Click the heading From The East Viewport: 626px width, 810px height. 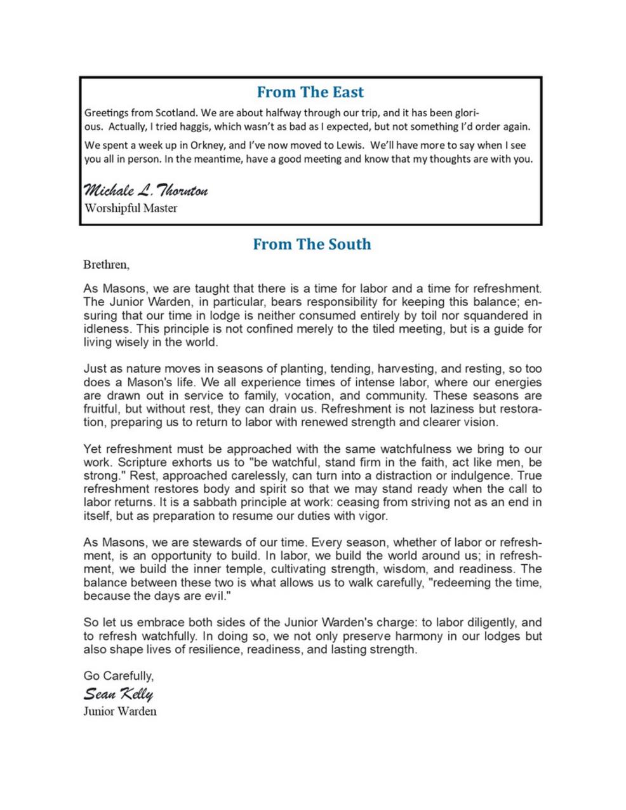pyautogui.click(x=310, y=92)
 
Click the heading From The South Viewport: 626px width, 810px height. pyautogui.click(x=312, y=245)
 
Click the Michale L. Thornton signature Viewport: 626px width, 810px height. pyautogui.click(x=145, y=191)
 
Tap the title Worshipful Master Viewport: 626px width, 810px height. pyautogui.click(x=131, y=208)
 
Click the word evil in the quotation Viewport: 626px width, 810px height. pyautogui.click(x=213, y=597)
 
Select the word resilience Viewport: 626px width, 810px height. pyautogui.click(x=213, y=650)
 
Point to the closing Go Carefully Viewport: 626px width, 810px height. pyautogui.click(x=118, y=676)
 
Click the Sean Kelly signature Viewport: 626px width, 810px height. pyautogui.click(x=118, y=694)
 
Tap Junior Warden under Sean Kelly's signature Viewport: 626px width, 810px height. pyautogui.click(x=120, y=711)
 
